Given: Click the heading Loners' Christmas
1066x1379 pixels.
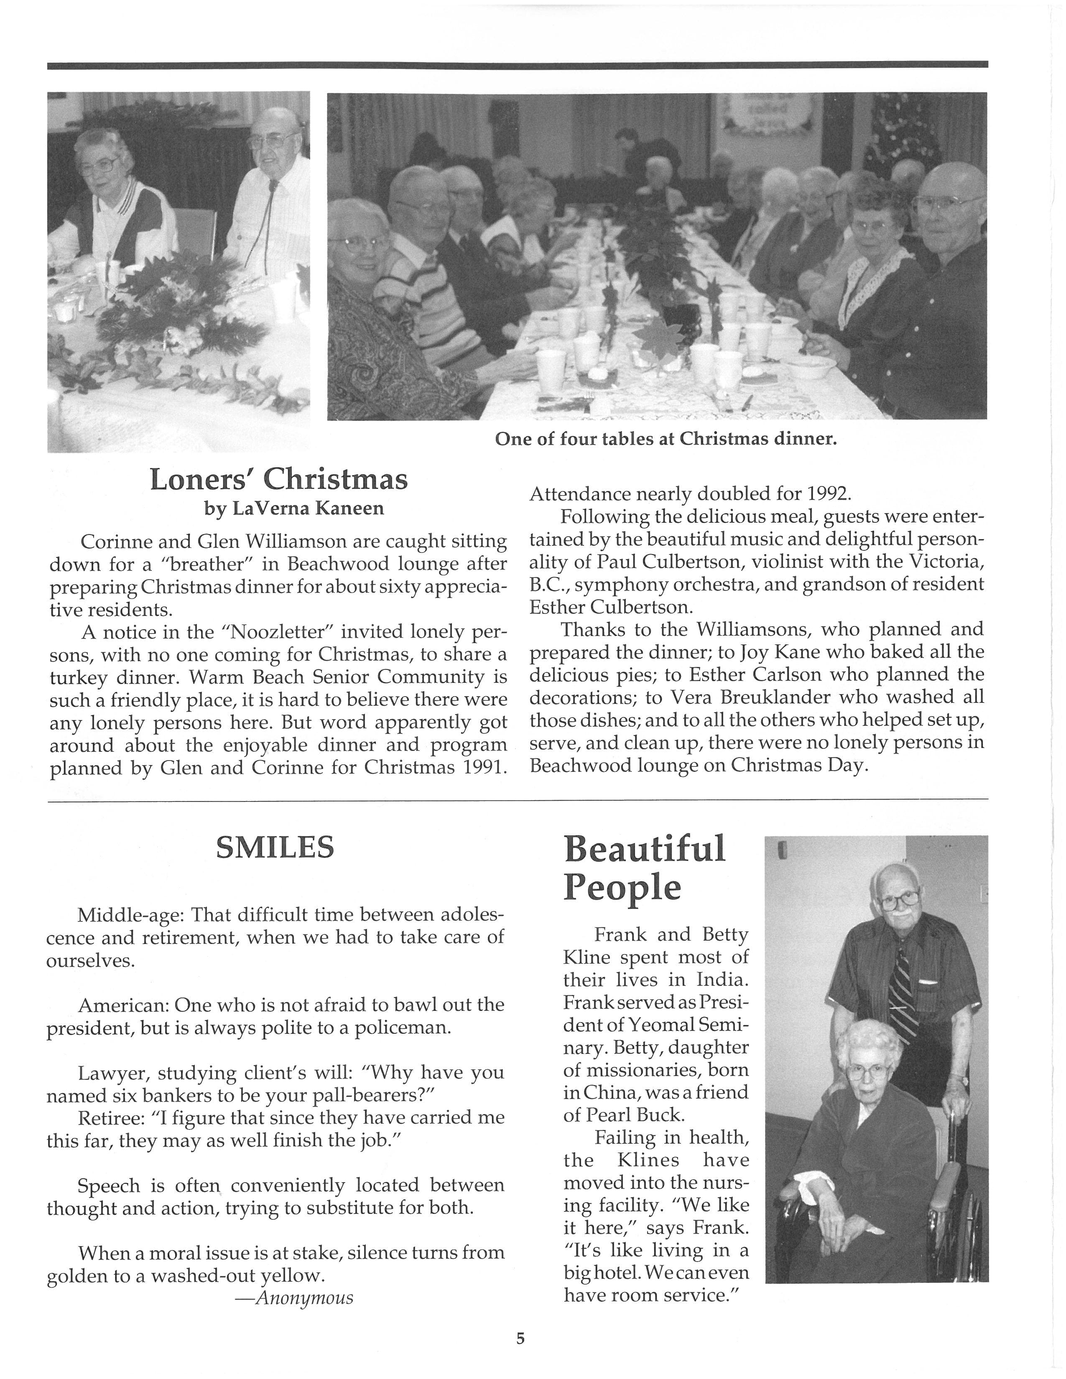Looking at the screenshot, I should tap(278, 480).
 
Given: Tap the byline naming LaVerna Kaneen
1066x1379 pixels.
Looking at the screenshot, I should tap(293, 508).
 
